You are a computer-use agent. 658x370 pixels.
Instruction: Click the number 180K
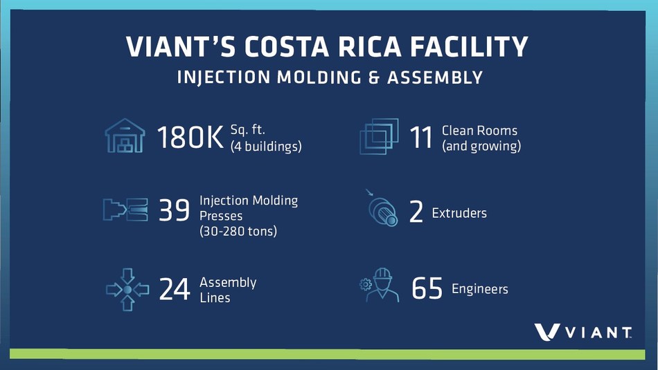click(190, 138)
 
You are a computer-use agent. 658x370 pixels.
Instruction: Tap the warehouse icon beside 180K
click(125, 136)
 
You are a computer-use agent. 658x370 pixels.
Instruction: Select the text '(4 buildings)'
click(265, 147)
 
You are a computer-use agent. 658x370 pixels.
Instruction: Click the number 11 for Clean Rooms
click(421, 138)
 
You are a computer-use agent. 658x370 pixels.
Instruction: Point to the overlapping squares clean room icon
click(379, 136)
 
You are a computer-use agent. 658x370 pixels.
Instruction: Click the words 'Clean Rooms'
click(479, 130)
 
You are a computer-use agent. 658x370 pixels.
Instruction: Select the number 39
click(174, 211)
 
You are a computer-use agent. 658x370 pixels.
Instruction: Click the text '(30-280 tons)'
click(238, 231)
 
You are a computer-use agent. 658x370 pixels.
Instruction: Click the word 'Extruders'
click(459, 212)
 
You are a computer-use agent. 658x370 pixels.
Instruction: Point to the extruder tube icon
click(382, 211)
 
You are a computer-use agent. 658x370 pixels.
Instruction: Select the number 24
click(174, 289)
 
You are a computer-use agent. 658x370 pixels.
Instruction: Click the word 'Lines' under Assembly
click(215, 297)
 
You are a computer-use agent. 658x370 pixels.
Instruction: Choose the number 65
click(427, 288)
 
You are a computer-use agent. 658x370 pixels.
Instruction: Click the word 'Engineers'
click(479, 288)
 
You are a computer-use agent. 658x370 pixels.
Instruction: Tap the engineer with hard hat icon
click(382, 286)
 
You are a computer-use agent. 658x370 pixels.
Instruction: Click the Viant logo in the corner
click(582, 332)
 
